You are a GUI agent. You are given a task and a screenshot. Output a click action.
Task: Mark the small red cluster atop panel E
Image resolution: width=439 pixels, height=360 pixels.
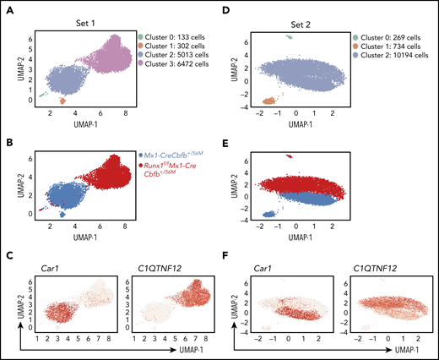290,156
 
